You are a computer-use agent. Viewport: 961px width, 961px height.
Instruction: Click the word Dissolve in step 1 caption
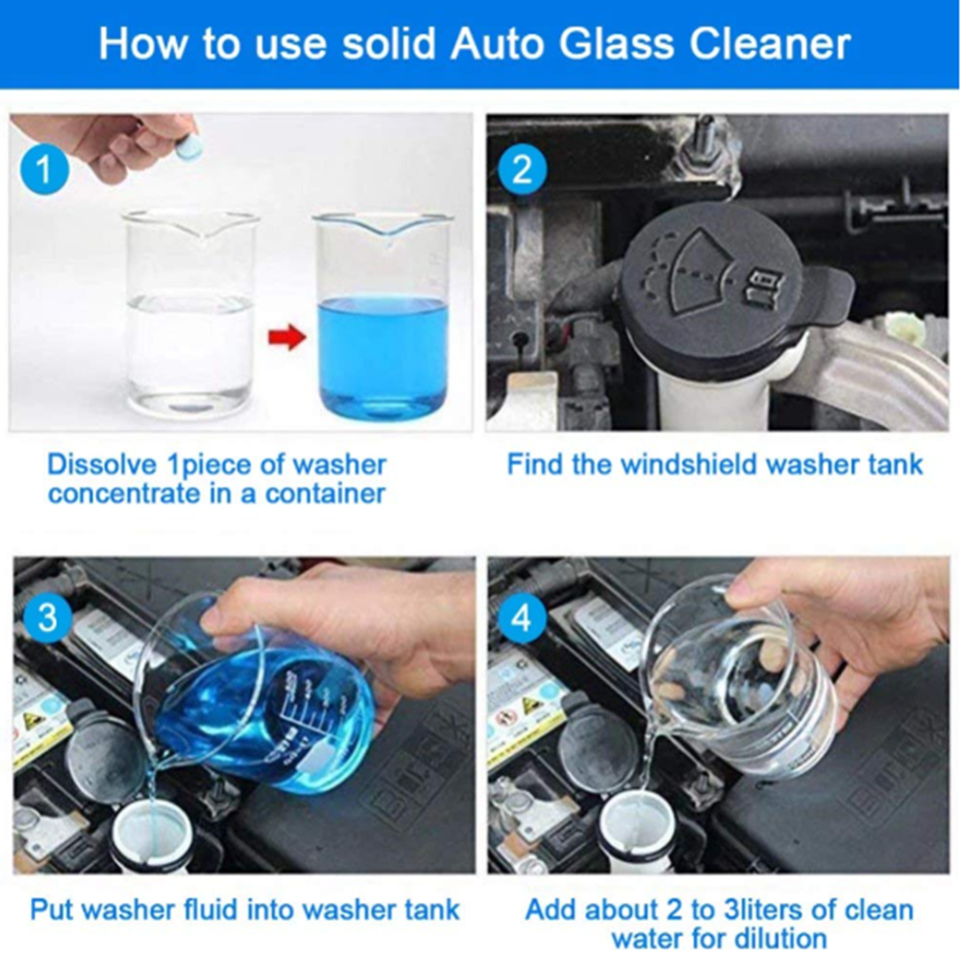click(100, 465)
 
